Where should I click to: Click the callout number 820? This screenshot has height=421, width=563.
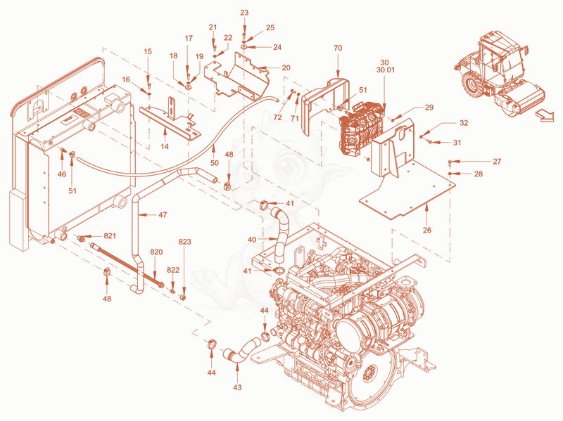coord(156,252)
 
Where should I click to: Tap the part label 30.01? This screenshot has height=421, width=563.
coord(385,70)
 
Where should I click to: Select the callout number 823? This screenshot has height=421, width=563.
coord(185,242)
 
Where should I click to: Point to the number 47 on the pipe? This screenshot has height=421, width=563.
coord(163,215)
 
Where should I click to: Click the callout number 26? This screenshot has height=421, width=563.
coord(427,230)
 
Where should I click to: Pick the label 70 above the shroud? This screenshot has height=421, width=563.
coord(338,48)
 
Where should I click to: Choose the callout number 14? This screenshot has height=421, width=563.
coord(165,146)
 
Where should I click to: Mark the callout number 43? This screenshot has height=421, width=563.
coord(237,387)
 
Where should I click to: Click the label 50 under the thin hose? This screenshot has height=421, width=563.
coord(215,163)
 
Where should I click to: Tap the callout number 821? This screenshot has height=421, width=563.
coord(110,235)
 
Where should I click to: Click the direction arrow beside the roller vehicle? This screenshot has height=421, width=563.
coord(544,116)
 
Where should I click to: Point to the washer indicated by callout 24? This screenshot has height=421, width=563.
coord(243,47)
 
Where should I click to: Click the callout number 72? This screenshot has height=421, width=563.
coord(277,117)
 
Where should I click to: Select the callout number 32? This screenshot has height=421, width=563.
coord(464,123)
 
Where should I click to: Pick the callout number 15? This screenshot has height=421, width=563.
coord(148,51)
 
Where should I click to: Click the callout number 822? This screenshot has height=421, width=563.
coord(173,270)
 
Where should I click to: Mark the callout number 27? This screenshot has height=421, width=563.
coord(497,162)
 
